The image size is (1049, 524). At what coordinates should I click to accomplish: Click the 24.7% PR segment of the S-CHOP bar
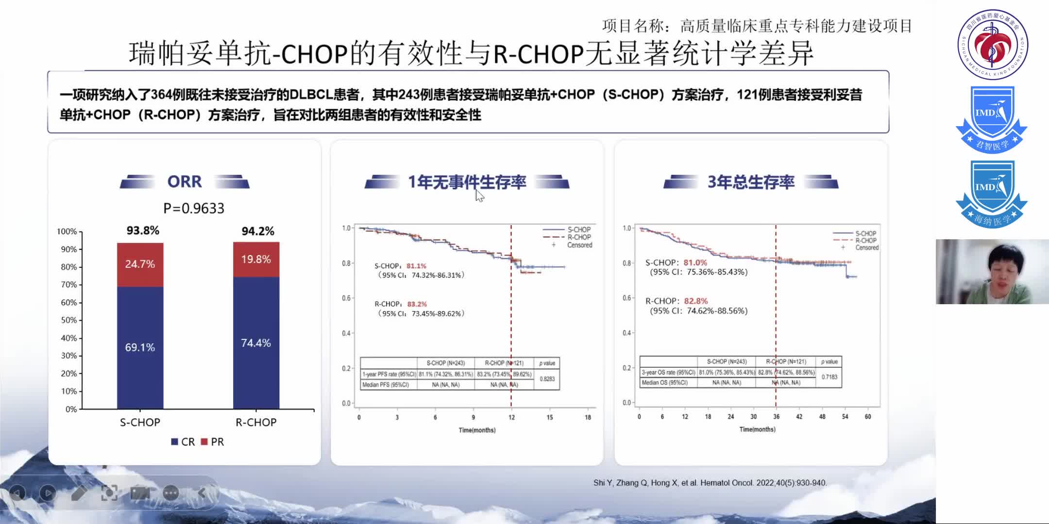point(140,264)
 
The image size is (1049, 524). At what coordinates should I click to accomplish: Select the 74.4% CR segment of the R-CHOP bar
point(256,343)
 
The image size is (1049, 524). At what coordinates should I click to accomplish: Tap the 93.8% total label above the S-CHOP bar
point(143,230)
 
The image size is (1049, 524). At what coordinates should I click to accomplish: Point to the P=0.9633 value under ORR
point(194,209)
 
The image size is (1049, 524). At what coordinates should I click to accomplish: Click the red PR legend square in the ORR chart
point(204,442)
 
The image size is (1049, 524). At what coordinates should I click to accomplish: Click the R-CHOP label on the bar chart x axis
point(256,423)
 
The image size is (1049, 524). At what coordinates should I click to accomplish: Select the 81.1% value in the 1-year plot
point(416,266)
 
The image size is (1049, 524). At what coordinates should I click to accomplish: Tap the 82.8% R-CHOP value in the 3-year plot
point(695,301)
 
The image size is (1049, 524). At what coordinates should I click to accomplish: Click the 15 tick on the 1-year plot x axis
point(549,417)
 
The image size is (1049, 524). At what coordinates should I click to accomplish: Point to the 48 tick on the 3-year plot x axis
point(822,417)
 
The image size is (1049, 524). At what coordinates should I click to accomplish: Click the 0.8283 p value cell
point(547,379)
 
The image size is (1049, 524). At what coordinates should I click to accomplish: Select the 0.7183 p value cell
point(829,377)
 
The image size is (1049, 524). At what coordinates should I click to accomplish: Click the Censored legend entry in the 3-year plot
point(866,248)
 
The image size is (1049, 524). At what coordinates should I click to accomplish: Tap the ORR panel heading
point(185,181)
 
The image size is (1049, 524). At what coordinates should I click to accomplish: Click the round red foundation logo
point(992,45)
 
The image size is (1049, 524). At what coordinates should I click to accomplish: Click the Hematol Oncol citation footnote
point(710,483)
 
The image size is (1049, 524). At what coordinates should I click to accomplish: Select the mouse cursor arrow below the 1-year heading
point(479,196)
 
